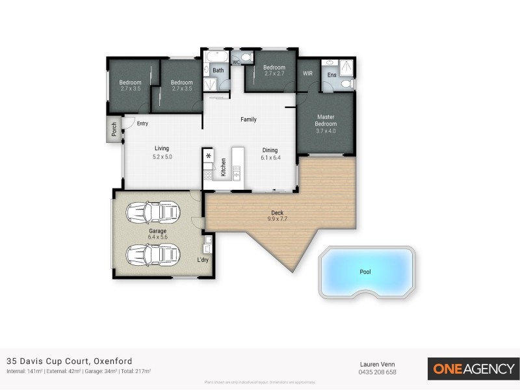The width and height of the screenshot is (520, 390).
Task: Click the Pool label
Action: (365, 272)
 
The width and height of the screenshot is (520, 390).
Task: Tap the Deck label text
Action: (277, 213)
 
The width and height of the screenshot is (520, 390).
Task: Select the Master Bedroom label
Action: (326, 120)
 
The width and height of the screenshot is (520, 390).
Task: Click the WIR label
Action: (307, 73)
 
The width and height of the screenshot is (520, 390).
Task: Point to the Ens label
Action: (331, 75)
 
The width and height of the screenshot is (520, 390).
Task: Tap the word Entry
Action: (142, 123)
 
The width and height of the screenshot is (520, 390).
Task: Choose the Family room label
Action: (248, 120)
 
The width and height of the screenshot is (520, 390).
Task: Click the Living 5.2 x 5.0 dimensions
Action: (162, 157)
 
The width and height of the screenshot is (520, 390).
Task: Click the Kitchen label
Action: (223, 168)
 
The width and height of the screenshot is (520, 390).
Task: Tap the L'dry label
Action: (203, 260)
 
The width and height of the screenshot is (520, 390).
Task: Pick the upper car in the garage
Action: (152, 212)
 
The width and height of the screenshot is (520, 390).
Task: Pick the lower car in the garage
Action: (152, 254)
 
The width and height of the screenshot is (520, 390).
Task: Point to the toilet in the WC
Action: (246, 58)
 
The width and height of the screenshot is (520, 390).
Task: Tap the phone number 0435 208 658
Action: (378, 372)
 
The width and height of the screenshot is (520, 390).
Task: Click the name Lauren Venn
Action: (378, 364)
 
